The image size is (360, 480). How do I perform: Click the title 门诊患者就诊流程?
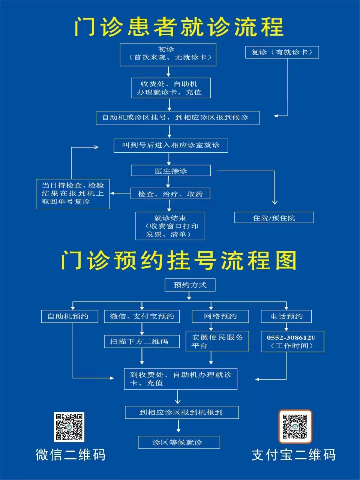(x=179, y=27)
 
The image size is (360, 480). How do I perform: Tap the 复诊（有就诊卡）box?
(x=282, y=52)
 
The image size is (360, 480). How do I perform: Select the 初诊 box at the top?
(x=168, y=54)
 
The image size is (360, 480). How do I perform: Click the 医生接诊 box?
(x=171, y=171)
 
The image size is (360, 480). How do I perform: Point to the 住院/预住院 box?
(x=274, y=217)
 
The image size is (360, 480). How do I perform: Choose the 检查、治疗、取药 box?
(x=170, y=193)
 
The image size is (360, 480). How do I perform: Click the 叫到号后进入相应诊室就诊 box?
(x=171, y=145)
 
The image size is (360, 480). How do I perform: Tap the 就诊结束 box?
(x=170, y=226)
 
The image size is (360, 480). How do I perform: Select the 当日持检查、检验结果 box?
(x=73, y=194)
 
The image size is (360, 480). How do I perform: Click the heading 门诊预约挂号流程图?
(x=178, y=260)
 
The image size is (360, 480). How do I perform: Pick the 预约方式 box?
(x=190, y=285)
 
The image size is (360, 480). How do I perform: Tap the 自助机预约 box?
(x=70, y=316)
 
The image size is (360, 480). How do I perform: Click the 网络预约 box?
(x=220, y=316)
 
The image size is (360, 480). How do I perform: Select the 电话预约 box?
(x=286, y=316)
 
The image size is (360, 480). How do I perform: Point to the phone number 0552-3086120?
(x=291, y=337)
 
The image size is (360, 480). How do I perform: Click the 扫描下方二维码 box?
(x=142, y=341)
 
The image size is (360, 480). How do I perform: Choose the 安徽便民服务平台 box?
(x=217, y=341)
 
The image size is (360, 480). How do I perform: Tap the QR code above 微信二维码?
(x=69, y=427)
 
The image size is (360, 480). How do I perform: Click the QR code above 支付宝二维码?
(x=295, y=427)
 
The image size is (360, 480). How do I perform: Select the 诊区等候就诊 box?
(x=179, y=442)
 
